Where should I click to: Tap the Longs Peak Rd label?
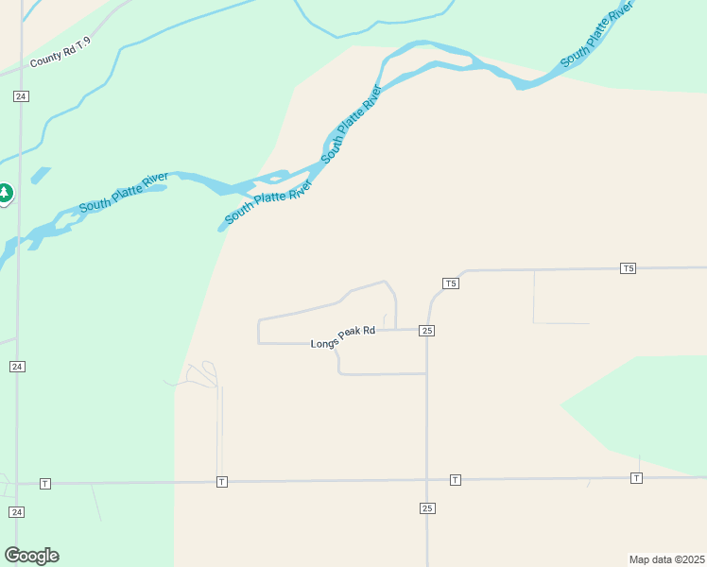coord(343,343)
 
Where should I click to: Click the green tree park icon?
coord(5,194)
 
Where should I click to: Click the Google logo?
coord(31,556)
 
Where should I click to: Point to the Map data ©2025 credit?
coord(666,559)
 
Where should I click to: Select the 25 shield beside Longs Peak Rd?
coord(427,331)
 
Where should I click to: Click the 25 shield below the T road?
coord(427,508)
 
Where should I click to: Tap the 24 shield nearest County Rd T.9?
coord(21,96)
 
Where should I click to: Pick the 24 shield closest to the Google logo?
coord(17,511)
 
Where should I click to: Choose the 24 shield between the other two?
coord(17,366)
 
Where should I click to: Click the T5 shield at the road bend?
coord(451,283)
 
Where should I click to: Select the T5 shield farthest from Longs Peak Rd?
coord(629,268)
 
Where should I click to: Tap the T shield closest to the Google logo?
coord(44,484)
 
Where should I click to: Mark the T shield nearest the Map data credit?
coord(636,478)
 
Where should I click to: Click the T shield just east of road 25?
coord(455,480)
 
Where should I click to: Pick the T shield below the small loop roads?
coord(221,482)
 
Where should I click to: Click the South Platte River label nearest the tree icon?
coord(123,193)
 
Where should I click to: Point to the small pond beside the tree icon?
coord(40,175)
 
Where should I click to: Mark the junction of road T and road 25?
coord(427,480)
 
